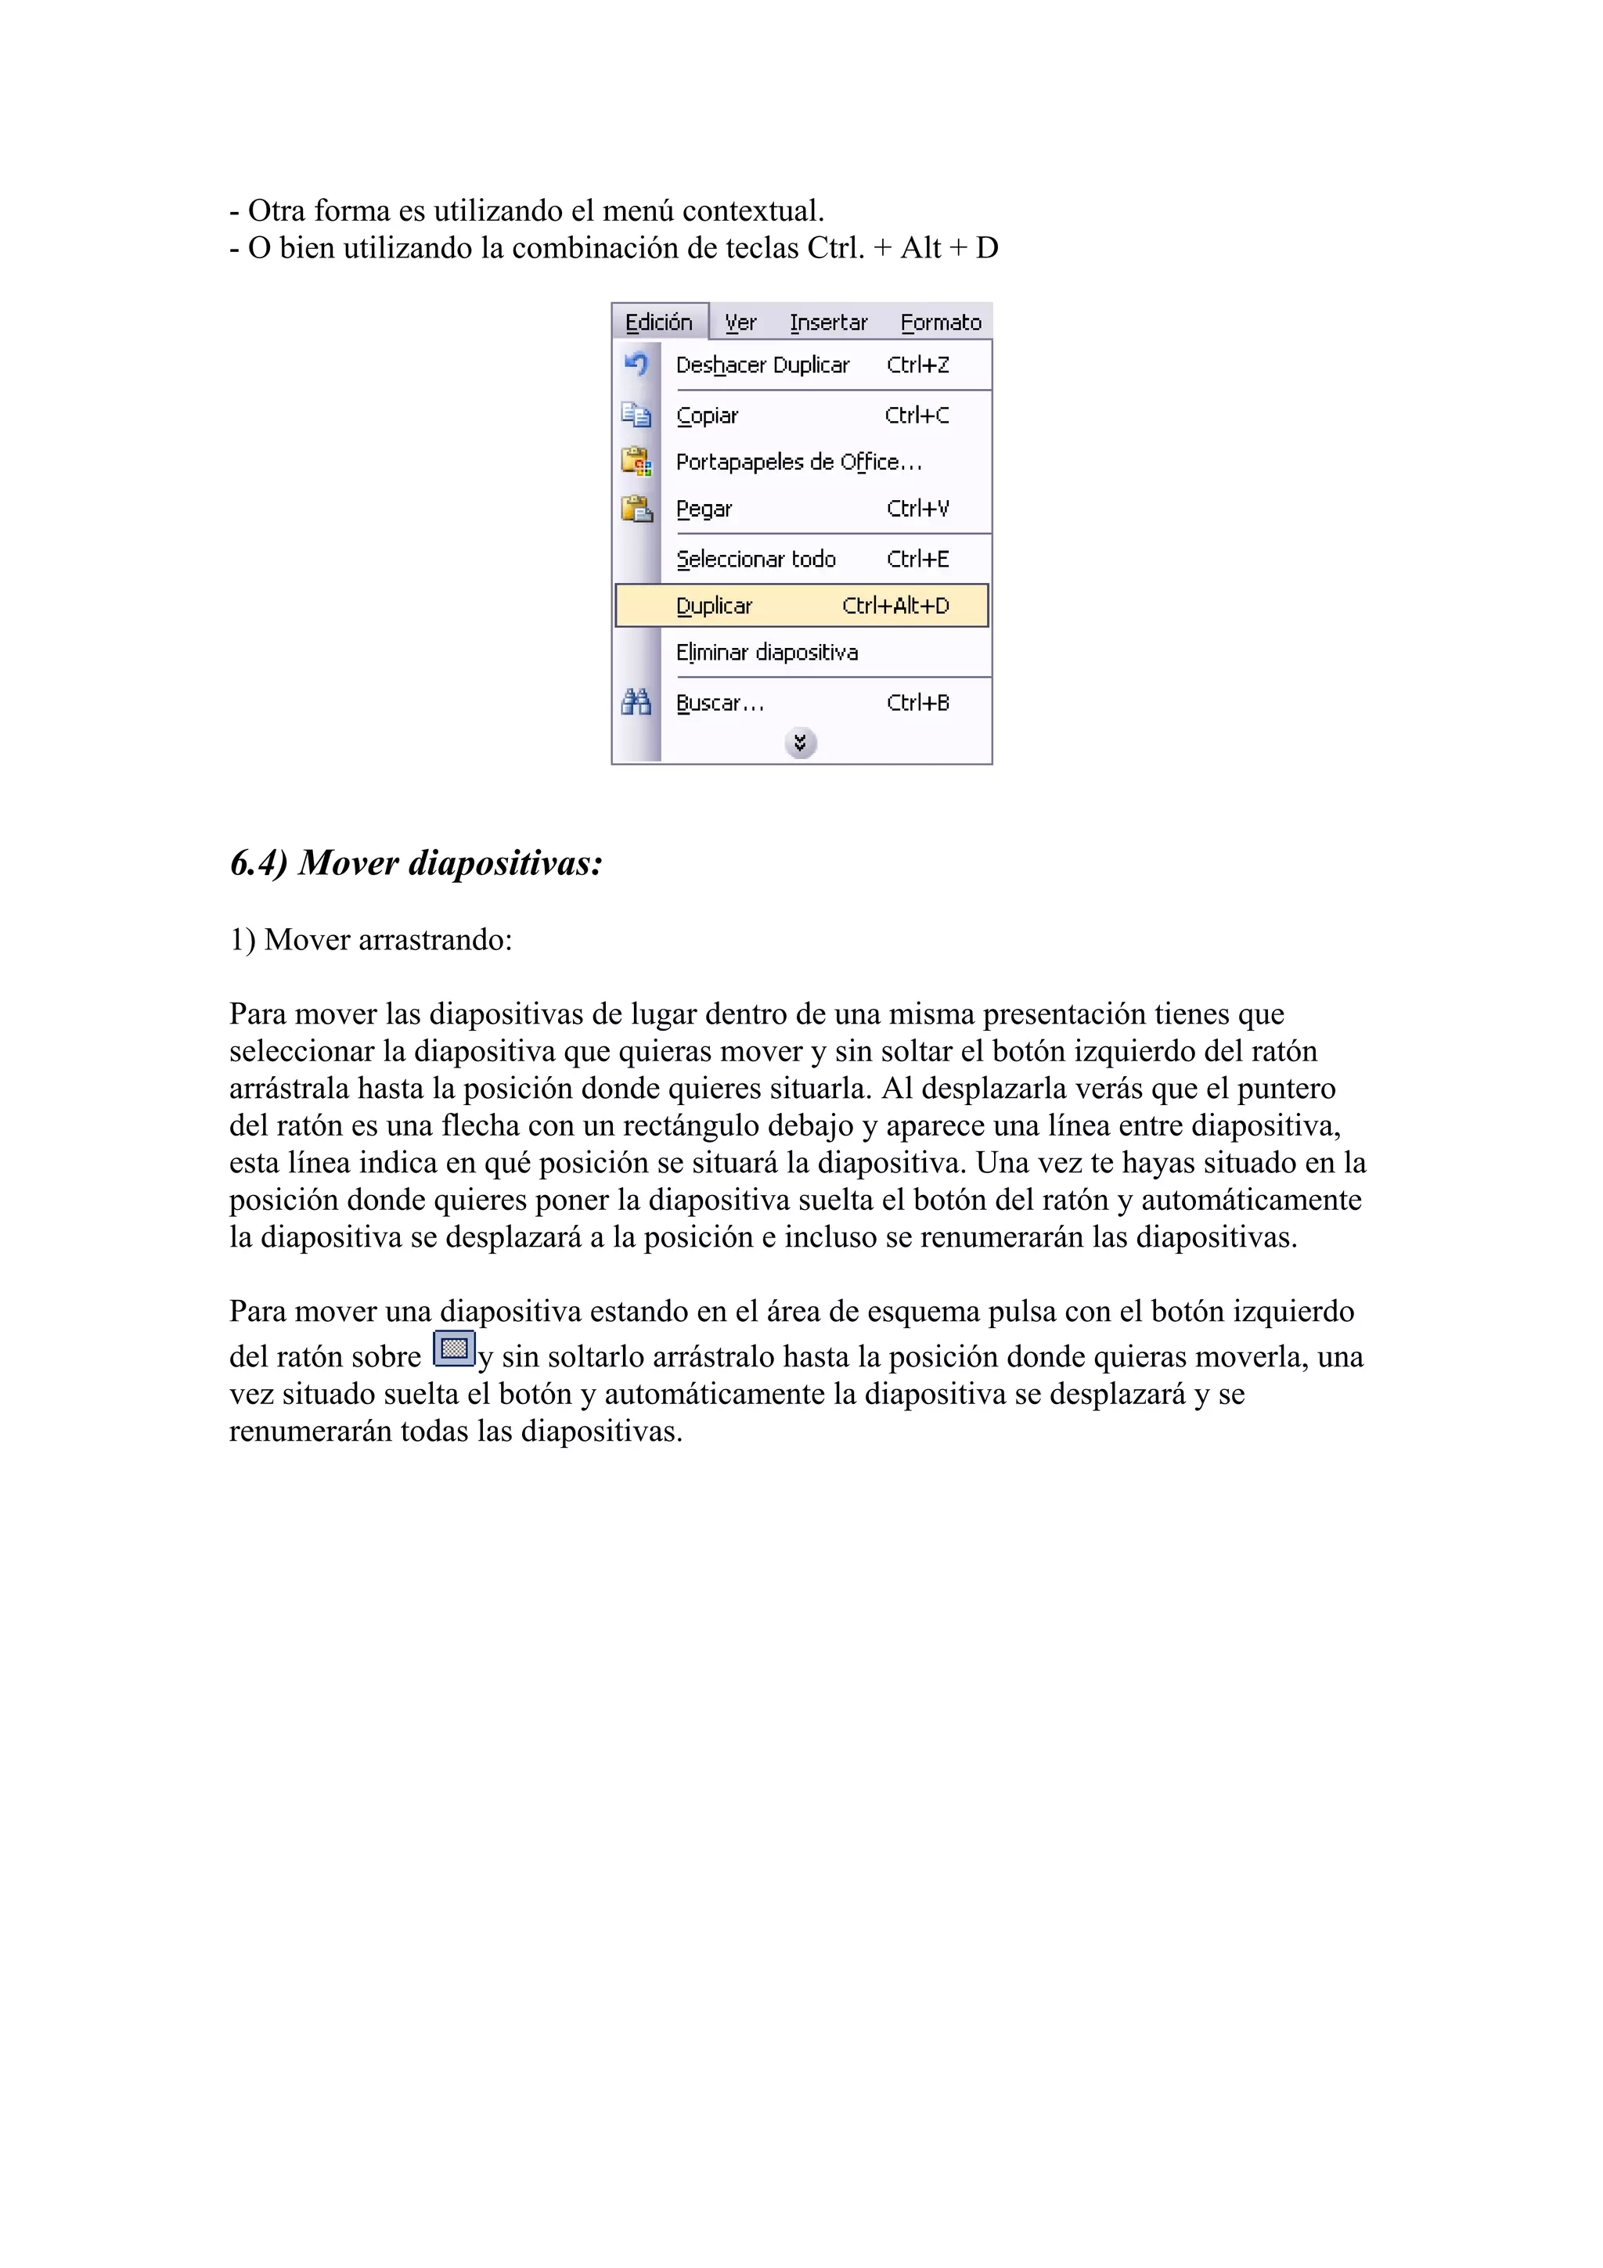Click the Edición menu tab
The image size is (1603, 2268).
click(x=659, y=322)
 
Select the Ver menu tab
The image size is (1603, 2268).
click(x=740, y=322)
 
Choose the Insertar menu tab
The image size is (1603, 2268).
click(x=827, y=322)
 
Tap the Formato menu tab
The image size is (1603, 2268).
click(x=940, y=322)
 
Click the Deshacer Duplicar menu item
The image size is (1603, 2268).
click(x=762, y=365)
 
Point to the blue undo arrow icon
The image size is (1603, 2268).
click(x=636, y=365)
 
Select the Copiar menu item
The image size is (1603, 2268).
click(x=707, y=416)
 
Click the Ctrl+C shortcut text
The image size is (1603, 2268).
click(x=917, y=416)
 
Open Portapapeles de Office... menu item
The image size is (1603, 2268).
click(x=798, y=463)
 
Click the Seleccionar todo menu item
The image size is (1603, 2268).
click(x=755, y=559)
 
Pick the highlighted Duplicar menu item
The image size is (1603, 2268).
click(x=714, y=606)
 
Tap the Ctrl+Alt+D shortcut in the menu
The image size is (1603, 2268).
click(x=895, y=606)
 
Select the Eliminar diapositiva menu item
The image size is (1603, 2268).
click(x=766, y=653)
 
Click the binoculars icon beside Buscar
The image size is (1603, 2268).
click(x=636, y=702)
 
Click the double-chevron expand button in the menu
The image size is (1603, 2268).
click(x=801, y=743)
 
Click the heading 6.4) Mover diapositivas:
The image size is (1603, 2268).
click(x=416, y=863)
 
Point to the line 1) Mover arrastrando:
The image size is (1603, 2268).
click(x=370, y=939)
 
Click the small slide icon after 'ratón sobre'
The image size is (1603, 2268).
click(x=454, y=1348)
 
